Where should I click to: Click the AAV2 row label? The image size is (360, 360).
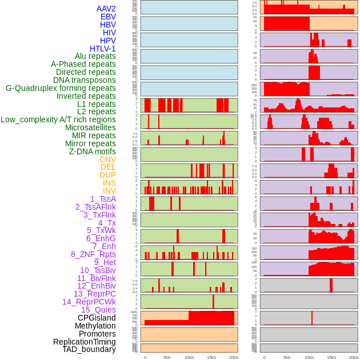pyautogui.click(x=106, y=9)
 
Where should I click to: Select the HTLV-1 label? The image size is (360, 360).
pyautogui.click(x=102, y=49)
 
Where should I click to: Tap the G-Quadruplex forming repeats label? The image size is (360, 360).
pyautogui.click(x=61, y=88)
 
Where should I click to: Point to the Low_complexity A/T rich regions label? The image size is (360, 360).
pyautogui.click(x=58, y=119)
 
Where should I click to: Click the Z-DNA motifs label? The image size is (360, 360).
pyautogui.click(x=92, y=151)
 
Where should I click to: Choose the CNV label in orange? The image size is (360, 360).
pyautogui.click(x=107, y=159)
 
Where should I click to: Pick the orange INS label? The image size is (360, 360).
pyautogui.click(x=109, y=183)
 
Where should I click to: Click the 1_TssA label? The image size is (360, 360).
pyautogui.click(x=103, y=199)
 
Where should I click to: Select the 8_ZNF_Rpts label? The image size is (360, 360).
pyautogui.click(x=93, y=254)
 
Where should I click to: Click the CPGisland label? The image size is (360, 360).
pyautogui.click(x=97, y=318)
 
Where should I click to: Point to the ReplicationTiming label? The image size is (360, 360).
pyautogui.click(x=84, y=342)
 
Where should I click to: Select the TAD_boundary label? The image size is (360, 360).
pyautogui.click(x=89, y=349)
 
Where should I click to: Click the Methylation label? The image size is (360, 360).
pyautogui.click(x=95, y=326)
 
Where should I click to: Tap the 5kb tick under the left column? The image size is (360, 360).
pyautogui.click(x=167, y=357)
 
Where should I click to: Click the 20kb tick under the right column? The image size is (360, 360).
pyautogui.click(x=354, y=357)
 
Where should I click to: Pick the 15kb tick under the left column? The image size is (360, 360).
pyautogui.click(x=211, y=357)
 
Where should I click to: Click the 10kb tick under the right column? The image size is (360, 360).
pyautogui.click(x=309, y=357)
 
